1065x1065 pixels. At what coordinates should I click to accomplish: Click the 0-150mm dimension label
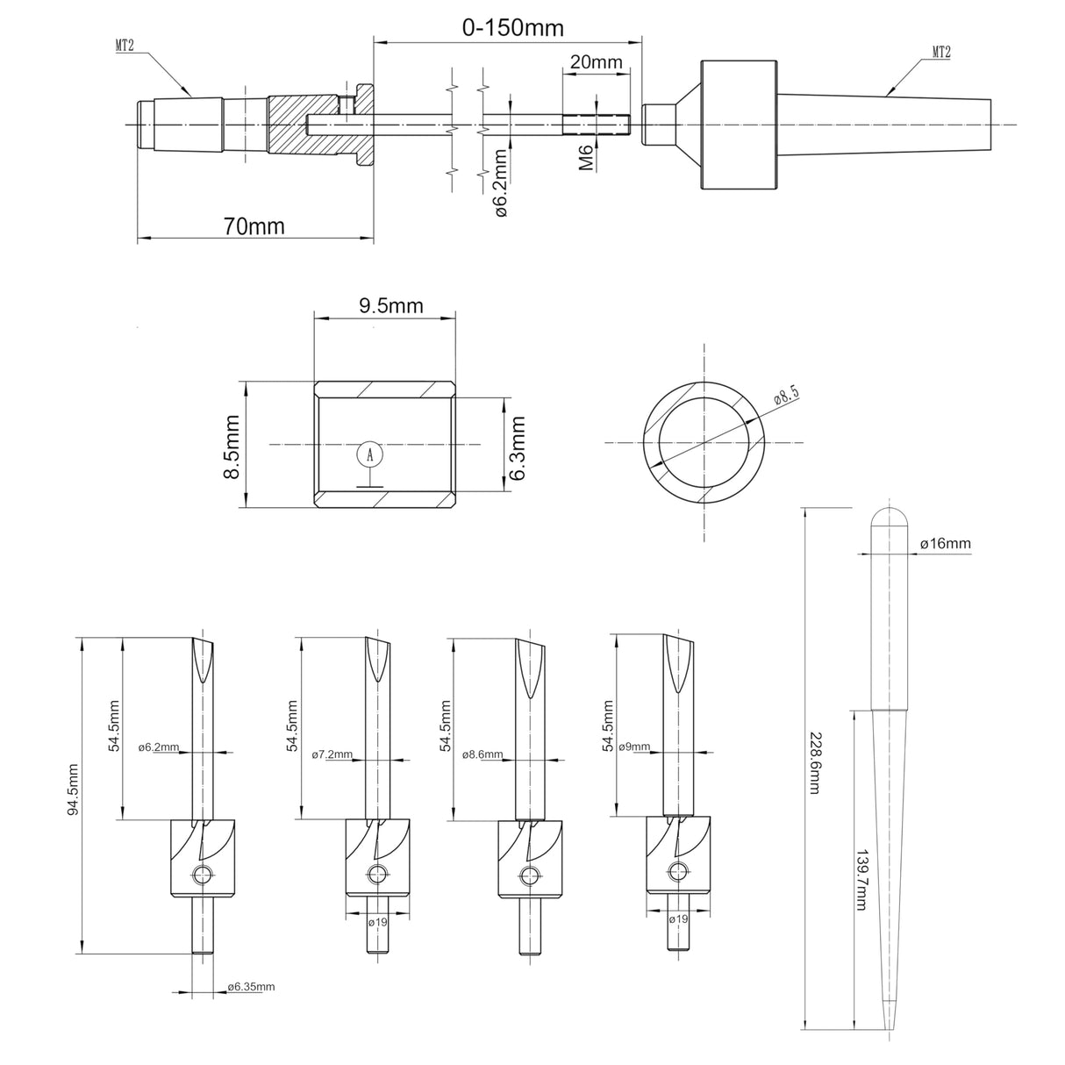(x=513, y=27)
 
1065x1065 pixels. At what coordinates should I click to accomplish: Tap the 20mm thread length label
(x=596, y=63)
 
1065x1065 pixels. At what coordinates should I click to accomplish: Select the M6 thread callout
(x=588, y=159)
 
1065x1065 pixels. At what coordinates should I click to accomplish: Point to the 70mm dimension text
(x=254, y=226)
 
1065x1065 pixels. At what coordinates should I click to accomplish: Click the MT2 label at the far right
(x=940, y=53)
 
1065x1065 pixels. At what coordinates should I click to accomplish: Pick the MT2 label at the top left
(x=125, y=46)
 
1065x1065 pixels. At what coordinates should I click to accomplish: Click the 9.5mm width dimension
(x=390, y=306)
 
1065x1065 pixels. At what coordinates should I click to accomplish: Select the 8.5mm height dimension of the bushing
(x=232, y=447)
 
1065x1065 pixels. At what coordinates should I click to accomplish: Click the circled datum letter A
(x=371, y=454)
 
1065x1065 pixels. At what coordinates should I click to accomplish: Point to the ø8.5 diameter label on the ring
(x=787, y=396)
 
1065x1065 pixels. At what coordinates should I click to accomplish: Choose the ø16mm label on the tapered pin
(x=945, y=544)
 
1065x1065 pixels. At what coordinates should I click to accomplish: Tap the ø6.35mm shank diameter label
(x=251, y=987)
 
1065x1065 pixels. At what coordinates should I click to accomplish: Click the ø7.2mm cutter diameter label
(x=332, y=754)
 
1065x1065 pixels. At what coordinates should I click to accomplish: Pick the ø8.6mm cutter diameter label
(x=483, y=754)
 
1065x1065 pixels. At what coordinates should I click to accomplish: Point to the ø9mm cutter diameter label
(x=634, y=747)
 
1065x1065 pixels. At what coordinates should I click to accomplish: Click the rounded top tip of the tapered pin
(x=889, y=513)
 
